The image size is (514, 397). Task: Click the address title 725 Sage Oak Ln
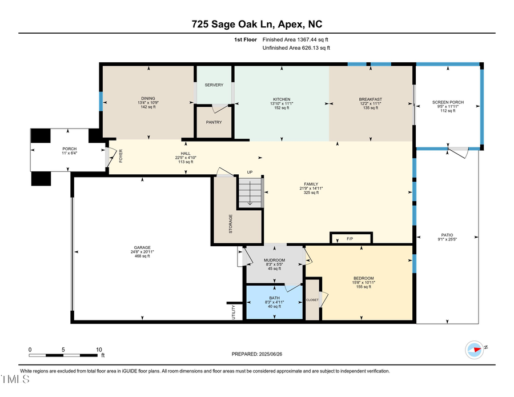coord(256,24)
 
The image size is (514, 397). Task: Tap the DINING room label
coord(148,98)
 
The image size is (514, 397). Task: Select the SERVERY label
coord(214,85)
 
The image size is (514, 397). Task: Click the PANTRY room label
coord(214,122)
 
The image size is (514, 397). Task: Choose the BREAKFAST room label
coord(371,99)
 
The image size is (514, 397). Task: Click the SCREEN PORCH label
coord(448,102)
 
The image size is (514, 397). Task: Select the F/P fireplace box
coord(351,238)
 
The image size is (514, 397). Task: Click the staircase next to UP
coord(250,193)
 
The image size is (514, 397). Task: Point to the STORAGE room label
coord(231,223)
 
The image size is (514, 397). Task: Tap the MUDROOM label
coord(274,260)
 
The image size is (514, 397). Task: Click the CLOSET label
coord(312,299)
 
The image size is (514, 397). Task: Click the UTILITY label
coord(233,312)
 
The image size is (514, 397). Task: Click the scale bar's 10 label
coord(99,349)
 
